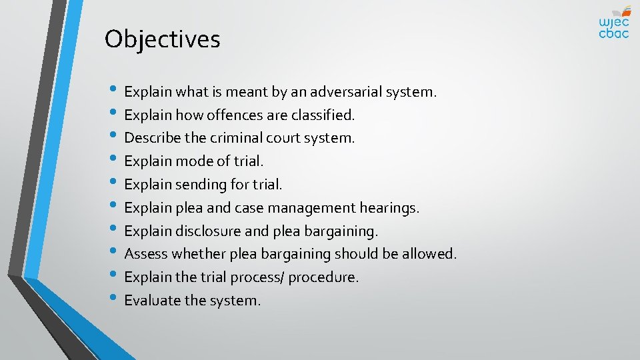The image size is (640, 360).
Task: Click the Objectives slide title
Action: tap(162, 39)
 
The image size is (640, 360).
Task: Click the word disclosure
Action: tap(207, 231)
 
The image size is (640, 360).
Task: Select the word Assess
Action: tap(146, 254)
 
